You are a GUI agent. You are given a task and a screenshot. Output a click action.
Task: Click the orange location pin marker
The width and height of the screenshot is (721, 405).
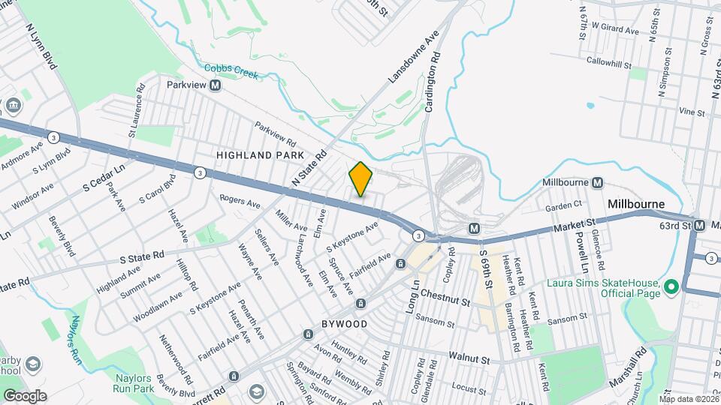tap(360, 179)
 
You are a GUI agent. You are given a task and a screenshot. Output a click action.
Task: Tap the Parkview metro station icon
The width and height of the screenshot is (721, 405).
tap(216, 85)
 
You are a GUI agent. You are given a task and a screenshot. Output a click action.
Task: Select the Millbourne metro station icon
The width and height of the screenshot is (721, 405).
tap(598, 183)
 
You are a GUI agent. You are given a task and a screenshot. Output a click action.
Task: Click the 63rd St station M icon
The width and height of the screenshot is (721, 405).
tap(700, 225)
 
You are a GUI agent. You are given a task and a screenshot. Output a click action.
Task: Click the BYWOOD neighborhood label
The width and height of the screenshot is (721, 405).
tap(345, 324)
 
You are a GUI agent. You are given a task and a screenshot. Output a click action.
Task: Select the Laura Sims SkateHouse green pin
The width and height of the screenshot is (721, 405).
tap(671, 286)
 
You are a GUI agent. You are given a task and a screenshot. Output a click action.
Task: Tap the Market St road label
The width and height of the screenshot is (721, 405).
tap(575, 223)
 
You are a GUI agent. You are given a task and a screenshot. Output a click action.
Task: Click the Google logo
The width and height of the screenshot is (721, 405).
tap(25, 395)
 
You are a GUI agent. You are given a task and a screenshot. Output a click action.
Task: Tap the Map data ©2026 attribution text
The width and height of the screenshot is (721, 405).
tap(690, 398)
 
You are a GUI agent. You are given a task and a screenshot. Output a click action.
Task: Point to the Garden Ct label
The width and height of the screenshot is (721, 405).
tap(564, 205)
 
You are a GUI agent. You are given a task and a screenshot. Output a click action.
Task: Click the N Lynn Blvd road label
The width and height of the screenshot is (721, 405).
tap(41, 46)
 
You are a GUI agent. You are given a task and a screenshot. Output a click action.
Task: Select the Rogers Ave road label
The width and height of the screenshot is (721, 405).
tap(240, 202)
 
